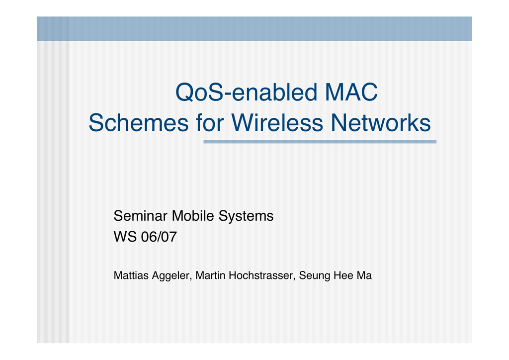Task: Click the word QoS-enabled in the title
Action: coord(246,92)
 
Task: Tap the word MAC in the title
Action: coord(351,92)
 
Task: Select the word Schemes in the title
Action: coord(139,123)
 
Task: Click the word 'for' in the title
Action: coord(210,123)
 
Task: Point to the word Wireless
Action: coord(277,123)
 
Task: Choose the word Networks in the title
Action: coord(381,123)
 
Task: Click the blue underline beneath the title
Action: coord(320,142)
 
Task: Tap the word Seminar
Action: coord(140,216)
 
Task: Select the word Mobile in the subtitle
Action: coord(193,216)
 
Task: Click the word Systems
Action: coord(246,216)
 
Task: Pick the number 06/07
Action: coord(159,237)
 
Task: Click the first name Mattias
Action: coord(131,275)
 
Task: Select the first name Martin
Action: coord(210,275)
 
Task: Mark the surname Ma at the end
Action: coord(364,275)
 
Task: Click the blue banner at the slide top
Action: coord(254,28)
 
